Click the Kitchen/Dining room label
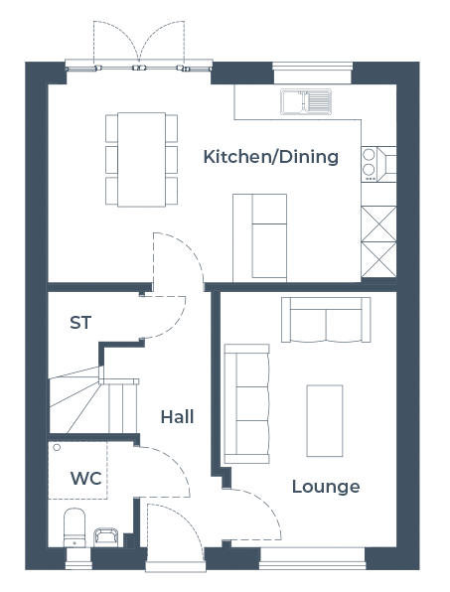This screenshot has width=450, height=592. click(x=270, y=157)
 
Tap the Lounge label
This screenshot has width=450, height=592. click(x=326, y=487)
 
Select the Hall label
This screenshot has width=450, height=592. click(x=177, y=417)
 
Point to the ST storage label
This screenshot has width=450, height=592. click(x=80, y=323)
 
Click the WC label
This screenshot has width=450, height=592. click(x=86, y=479)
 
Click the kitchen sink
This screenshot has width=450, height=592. click(x=306, y=101)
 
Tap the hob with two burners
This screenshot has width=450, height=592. click(x=369, y=164)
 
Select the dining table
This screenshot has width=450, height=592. click(x=142, y=159)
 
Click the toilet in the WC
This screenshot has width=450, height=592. click(x=75, y=527)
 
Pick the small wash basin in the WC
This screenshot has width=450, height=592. click(x=105, y=537)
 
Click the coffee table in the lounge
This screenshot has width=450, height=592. click(x=325, y=420)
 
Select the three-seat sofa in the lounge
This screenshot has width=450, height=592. click(x=247, y=403)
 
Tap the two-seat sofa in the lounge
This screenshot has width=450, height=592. click(x=326, y=320)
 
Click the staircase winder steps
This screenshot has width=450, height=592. click(x=75, y=400)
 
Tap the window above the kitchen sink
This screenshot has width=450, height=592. click(x=312, y=73)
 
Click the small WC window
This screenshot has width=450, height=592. click(x=78, y=558)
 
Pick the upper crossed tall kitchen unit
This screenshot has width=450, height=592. click(x=378, y=223)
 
